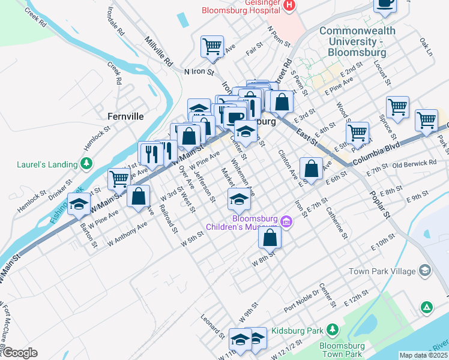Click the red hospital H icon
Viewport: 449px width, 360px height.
coord(289,5)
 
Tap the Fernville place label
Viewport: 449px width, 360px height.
coord(125,116)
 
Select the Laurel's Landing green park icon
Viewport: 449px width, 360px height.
coord(86,163)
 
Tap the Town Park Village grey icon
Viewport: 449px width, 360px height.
coord(425,271)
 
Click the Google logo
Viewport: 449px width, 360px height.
coord(19,353)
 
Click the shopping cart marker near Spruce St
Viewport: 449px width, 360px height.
coord(397,108)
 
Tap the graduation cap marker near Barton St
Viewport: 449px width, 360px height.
coord(79,204)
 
